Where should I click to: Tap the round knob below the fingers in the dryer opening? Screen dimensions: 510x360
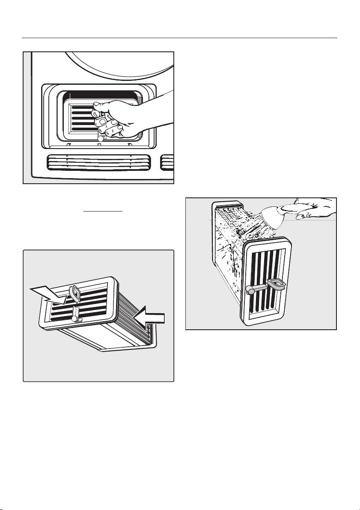pos(100,139)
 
